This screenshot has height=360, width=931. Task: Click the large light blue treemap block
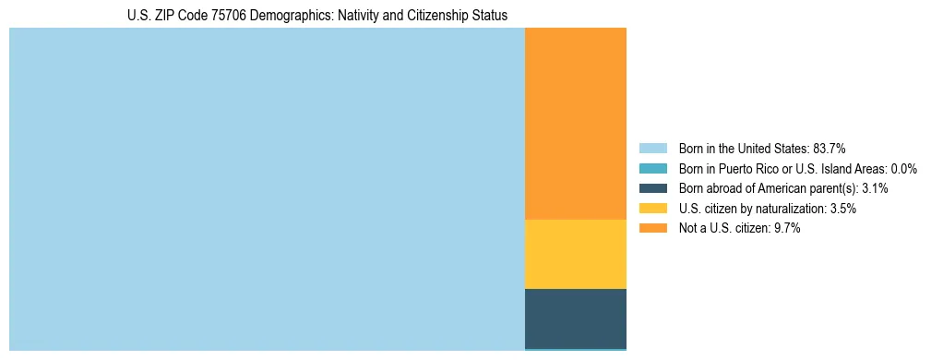pyautogui.click(x=267, y=189)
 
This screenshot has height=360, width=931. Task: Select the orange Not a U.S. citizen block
pyautogui.click(x=576, y=124)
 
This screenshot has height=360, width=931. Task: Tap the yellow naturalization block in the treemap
pyautogui.click(x=576, y=254)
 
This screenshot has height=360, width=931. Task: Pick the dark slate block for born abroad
pyautogui.click(x=576, y=318)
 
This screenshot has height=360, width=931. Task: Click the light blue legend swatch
pyautogui.click(x=652, y=148)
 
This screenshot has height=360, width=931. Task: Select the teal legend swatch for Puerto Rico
pyautogui.click(x=652, y=168)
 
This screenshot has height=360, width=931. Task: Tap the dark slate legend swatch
pyautogui.click(x=652, y=188)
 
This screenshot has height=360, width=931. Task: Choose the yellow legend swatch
pyautogui.click(x=652, y=209)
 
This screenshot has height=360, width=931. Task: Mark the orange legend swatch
pyautogui.click(x=652, y=228)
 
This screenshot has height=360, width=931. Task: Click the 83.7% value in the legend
pyautogui.click(x=830, y=148)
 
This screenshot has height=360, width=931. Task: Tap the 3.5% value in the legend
pyautogui.click(x=843, y=209)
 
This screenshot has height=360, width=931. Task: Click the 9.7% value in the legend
pyautogui.click(x=787, y=228)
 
